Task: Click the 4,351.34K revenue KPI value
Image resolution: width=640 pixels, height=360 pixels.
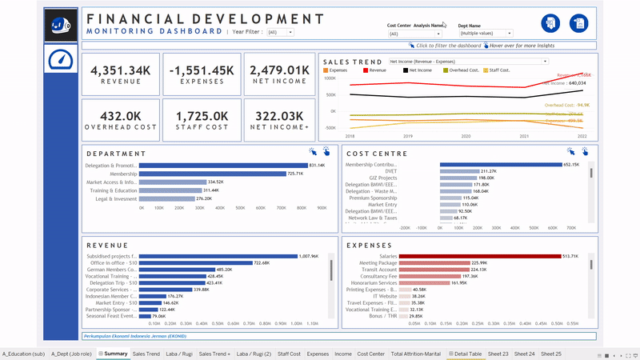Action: click(121, 71)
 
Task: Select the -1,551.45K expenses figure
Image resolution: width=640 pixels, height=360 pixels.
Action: click(201, 71)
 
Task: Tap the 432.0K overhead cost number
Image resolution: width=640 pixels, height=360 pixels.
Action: click(121, 116)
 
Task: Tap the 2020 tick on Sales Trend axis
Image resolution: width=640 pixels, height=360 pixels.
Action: click(466, 137)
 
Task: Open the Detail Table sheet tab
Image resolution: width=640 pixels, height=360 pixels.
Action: click(465, 353)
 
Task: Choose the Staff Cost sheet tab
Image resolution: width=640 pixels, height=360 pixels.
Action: click(289, 353)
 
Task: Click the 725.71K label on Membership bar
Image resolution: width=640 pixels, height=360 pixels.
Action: click(296, 174)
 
